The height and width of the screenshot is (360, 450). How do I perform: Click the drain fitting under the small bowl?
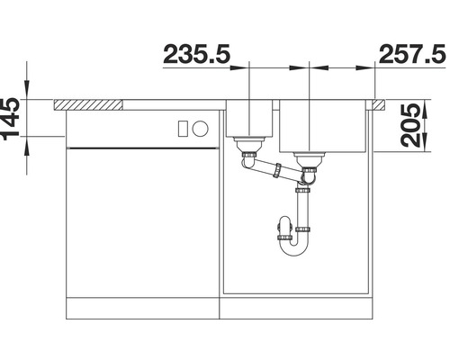tap(246, 144)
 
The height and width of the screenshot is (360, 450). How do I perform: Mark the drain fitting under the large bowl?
tap(309, 162)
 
